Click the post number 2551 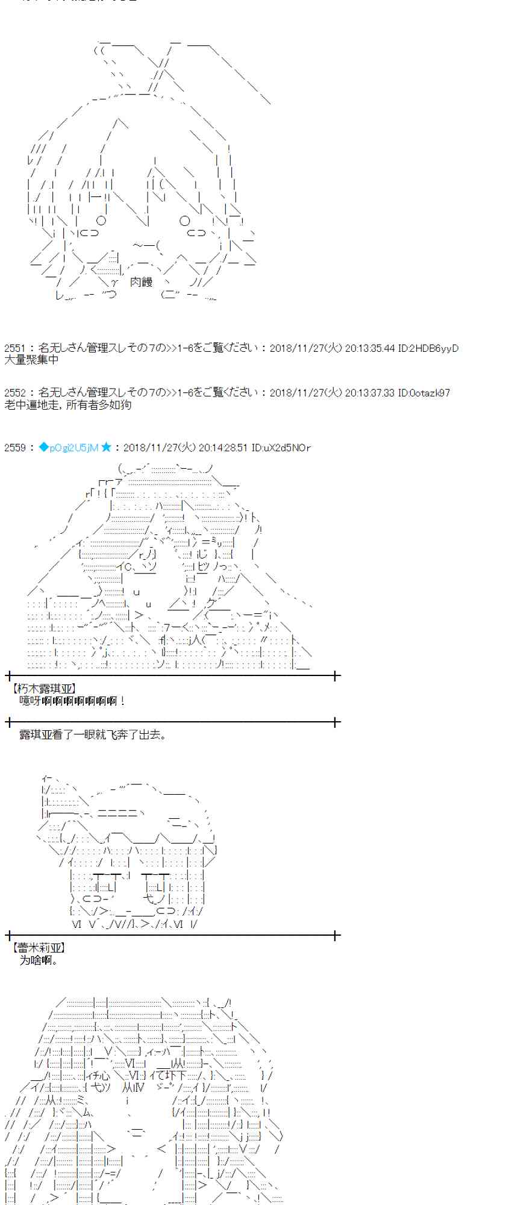tap(15, 348)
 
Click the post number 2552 tap(15, 393)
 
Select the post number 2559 tap(15, 448)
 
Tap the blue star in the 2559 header tap(106, 447)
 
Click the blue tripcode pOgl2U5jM tap(68, 448)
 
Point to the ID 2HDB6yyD tap(428, 348)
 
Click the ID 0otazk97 tap(424, 393)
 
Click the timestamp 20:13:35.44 tap(370, 348)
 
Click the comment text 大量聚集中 tap(31, 360)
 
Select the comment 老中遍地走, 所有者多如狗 tap(67, 405)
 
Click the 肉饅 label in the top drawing tap(141, 281)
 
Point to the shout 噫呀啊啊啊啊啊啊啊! tap(72, 701)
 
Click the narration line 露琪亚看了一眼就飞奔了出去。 tap(93, 734)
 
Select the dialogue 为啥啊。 tap(39, 960)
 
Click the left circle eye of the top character tap(101, 221)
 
